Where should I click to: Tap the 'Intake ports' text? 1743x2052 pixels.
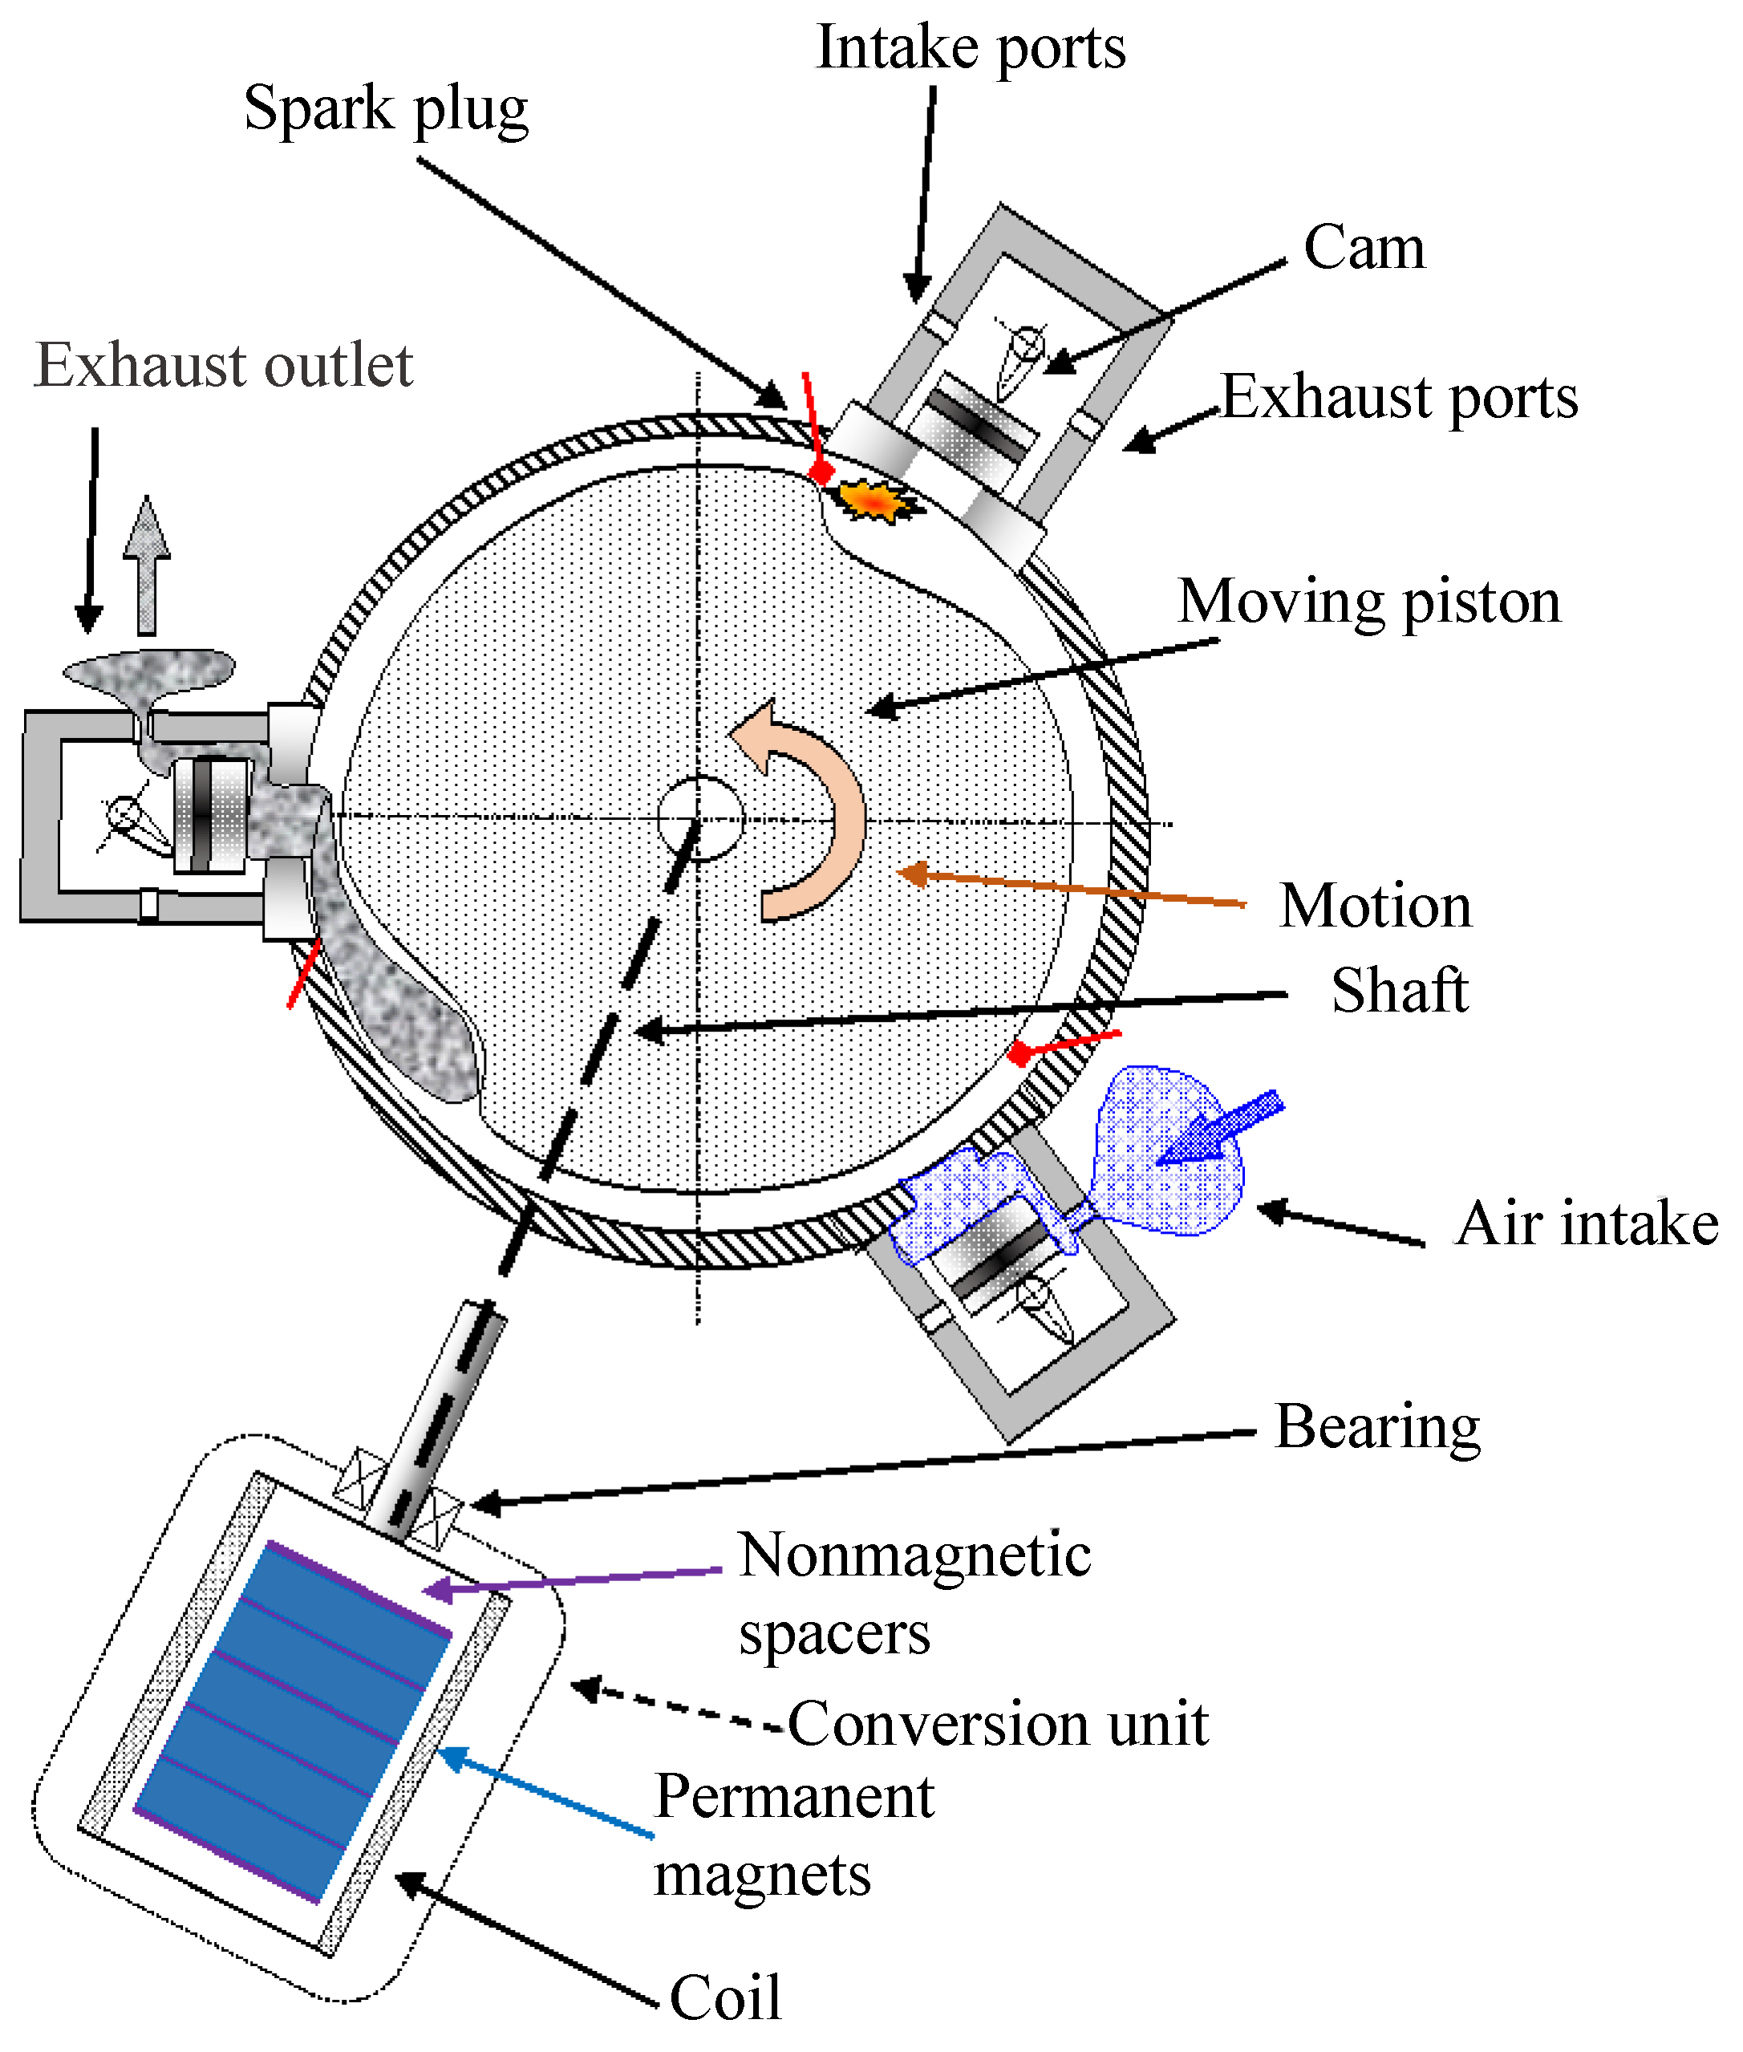point(971,47)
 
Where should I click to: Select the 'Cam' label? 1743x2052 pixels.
point(1364,247)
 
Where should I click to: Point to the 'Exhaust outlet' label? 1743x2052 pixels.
point(223,366)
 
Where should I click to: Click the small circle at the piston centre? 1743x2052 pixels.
point(699,818)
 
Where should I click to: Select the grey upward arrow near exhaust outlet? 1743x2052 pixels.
point(146,565)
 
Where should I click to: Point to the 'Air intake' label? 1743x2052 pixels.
point(1586,1223)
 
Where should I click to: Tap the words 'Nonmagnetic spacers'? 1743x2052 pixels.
point(914,1592)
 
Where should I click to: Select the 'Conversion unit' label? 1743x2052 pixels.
point(998,1724)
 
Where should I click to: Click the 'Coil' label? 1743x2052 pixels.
point(725,1997)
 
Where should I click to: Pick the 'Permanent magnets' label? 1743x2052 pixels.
point(793,1835)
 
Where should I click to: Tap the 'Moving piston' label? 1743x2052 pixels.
point(1369,602)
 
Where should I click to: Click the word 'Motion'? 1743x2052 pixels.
point(1376,906)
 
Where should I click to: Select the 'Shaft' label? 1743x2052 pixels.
point(1399,990)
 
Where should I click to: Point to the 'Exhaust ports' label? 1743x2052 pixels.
point(1399,397)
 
